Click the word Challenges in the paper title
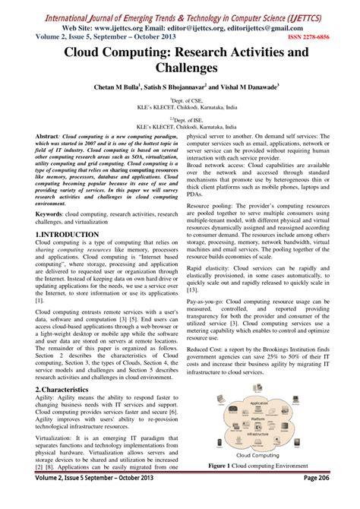[x=179, y=71]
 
